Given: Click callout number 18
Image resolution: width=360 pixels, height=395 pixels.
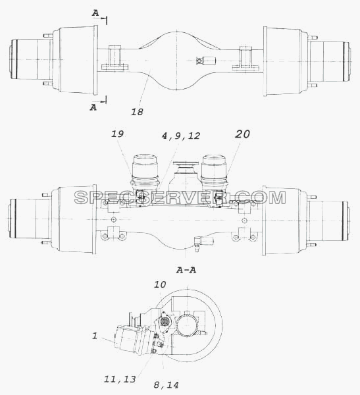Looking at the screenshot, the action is (137, 112).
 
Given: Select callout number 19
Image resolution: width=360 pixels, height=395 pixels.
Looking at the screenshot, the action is (117, 134).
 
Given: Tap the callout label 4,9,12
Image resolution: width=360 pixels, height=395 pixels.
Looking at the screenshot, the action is (181, 136).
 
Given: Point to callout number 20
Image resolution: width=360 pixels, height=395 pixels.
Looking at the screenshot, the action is (242, 134).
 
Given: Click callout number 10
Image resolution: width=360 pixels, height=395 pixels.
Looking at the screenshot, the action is (160, 284).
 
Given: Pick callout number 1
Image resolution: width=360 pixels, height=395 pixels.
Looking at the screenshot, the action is (95, 336).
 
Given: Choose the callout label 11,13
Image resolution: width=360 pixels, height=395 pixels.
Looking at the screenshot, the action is (120, 379).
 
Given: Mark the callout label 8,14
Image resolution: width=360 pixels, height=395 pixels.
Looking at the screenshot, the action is (166, 385).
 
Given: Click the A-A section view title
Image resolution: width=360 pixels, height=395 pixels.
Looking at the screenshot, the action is (186, 271).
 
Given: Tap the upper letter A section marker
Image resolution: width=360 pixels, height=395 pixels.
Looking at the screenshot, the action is (95, 13).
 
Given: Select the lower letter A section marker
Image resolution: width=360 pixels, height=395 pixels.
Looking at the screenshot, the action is (93, 107).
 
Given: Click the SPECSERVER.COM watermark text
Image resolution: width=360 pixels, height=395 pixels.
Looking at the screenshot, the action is (180, 197).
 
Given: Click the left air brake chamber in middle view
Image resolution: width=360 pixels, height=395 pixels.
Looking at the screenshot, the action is (144, 176).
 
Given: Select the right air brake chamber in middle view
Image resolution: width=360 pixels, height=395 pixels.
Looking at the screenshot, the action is (214, 176).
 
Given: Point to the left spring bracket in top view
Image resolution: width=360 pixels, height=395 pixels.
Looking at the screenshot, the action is (115, 58).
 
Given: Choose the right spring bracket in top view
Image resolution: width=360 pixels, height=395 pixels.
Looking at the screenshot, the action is (245, 58).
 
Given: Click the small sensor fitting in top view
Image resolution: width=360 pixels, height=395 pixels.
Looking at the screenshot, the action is (206, 61).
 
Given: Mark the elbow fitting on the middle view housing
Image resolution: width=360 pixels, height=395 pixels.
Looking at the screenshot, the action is (203, 242).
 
